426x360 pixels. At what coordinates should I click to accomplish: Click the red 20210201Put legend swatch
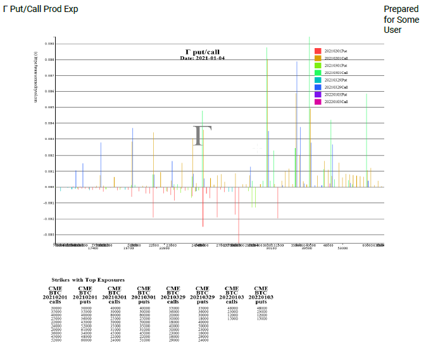point(318,51)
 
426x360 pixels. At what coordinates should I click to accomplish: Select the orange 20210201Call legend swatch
point(318,58)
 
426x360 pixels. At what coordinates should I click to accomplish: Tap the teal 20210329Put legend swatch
point(318,80)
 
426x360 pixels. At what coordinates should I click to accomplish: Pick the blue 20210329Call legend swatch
point(318,87)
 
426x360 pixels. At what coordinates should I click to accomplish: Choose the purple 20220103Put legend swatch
point(318,94)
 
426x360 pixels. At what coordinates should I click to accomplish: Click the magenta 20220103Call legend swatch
point(318,101)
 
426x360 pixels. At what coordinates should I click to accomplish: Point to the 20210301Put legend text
point(336,65)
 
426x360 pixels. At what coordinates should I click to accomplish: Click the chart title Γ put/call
point(203,52)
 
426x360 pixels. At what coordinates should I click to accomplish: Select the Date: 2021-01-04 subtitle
point(203,58)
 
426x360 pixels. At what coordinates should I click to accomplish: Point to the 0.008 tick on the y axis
point(50,59)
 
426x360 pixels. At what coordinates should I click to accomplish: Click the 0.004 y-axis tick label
point(50,123)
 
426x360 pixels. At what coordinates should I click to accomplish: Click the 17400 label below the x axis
point(93,248)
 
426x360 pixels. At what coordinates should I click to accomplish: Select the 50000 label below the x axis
point(342,248)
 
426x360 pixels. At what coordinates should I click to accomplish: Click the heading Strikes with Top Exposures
point(88,279)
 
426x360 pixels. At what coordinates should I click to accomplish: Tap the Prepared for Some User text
point(401,20)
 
